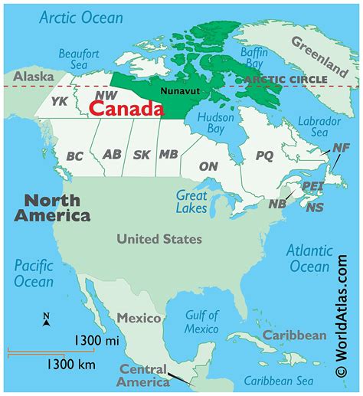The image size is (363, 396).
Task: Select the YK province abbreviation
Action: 59,100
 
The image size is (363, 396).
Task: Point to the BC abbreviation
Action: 75,155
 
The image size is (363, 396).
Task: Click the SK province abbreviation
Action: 142,155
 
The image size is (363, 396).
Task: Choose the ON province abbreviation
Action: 208,166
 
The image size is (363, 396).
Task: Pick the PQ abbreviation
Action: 263,155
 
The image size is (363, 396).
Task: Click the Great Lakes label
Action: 191,201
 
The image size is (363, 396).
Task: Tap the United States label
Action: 159,239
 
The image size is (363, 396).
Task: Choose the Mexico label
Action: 138,317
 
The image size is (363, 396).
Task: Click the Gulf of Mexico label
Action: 201,322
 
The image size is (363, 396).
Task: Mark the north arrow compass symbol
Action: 46,320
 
